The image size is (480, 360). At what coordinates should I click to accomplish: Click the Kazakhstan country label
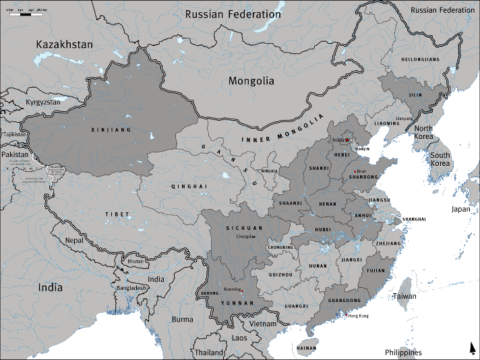[65, 44]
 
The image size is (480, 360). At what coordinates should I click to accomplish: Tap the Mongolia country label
[251, 81]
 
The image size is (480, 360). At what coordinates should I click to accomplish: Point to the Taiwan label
[406, 297]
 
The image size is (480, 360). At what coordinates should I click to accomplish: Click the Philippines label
[403, 353]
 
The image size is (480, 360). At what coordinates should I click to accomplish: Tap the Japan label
[461, 209]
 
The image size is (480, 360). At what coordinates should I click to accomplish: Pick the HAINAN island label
[306, 349]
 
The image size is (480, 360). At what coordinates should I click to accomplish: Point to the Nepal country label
[73, 240]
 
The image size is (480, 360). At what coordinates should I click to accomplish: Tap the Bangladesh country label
[131, 288]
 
